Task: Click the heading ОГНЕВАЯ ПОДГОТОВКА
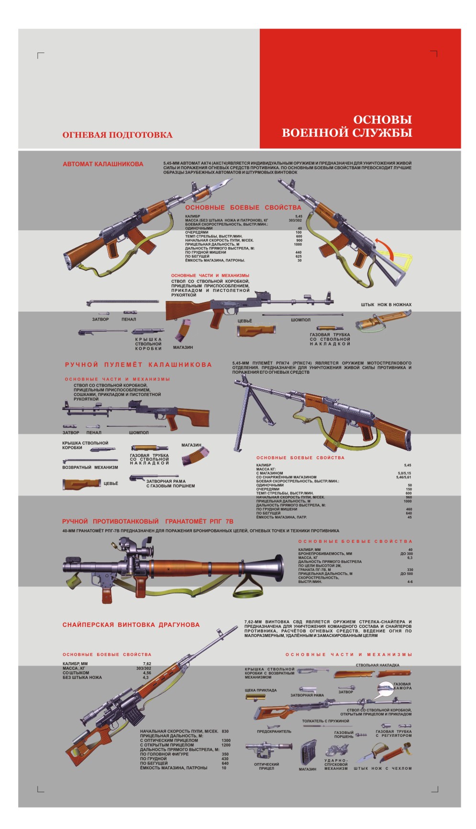pos(117,135)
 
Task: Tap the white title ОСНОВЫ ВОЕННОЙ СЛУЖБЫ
pos(347,126)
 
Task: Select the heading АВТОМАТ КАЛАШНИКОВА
pos(103,164)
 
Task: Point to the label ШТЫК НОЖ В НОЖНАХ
pos(386,305)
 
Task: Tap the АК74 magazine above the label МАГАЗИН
pos(183,330)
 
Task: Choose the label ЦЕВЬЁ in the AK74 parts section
pos(244,321)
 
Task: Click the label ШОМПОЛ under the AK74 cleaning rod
pos(300,320)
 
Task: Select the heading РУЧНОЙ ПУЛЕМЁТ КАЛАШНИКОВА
pos(138,365)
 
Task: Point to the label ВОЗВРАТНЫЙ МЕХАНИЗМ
pos(90,467)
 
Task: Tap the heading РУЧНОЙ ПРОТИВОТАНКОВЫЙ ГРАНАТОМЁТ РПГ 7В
pos(148,521)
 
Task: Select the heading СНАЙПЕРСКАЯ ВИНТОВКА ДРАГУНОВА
pos(131,624)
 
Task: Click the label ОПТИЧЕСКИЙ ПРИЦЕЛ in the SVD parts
pos(266,766)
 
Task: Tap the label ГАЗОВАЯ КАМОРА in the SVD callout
pos(402,686)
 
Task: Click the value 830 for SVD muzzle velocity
pos(225,732)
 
